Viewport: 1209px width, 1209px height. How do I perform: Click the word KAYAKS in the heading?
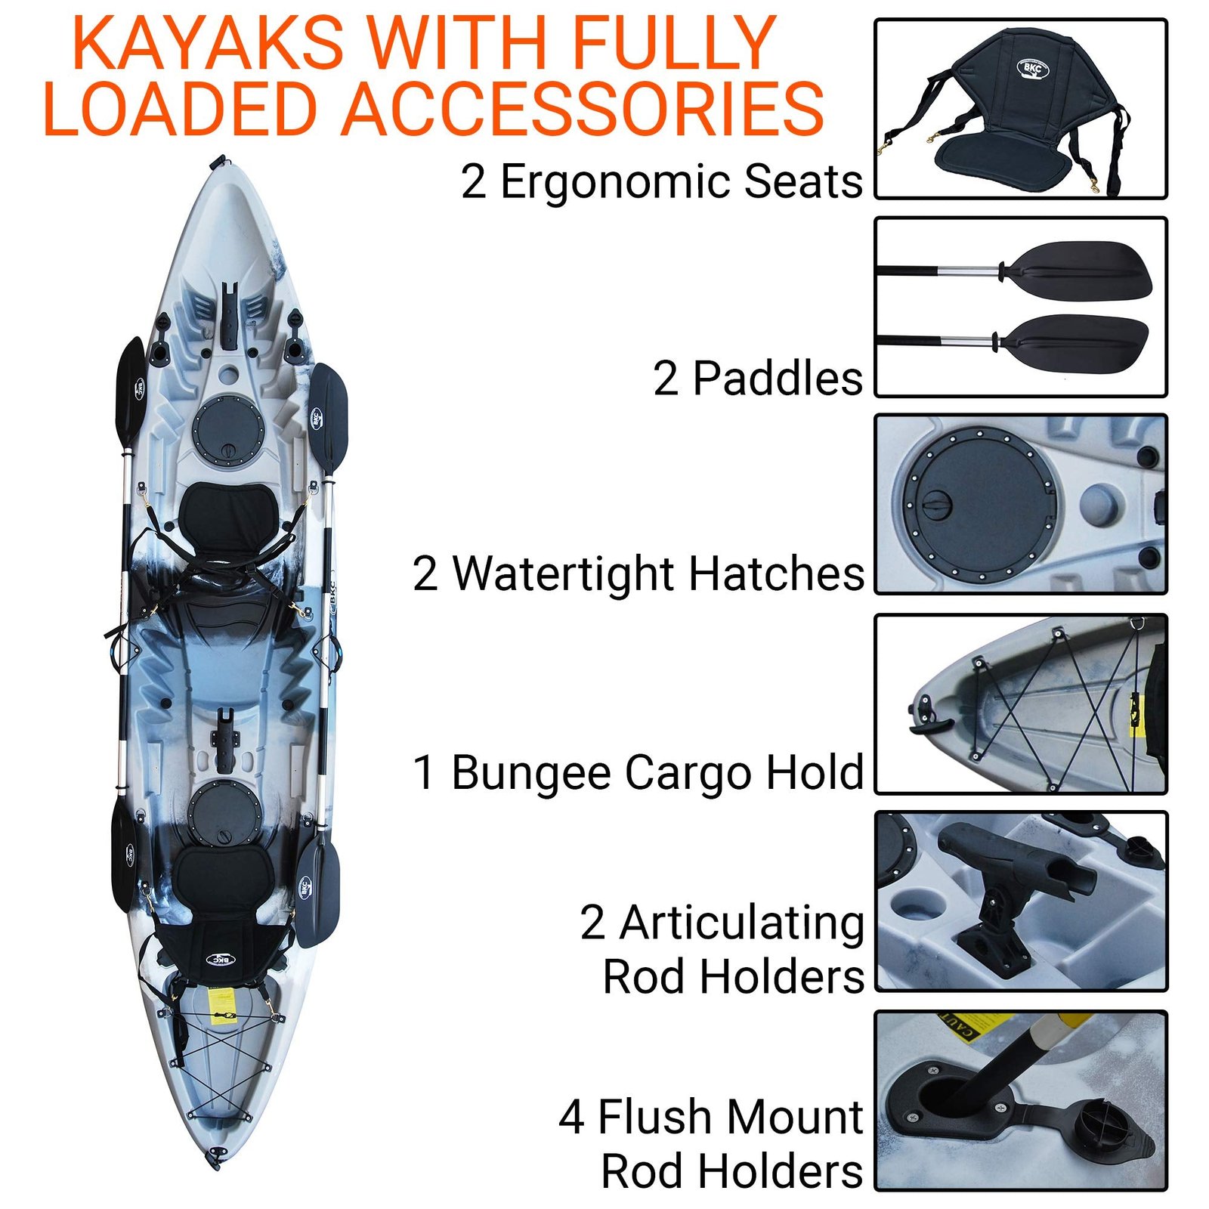tap(208, 43)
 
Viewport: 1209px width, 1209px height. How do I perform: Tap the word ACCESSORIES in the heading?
tap(583, 110)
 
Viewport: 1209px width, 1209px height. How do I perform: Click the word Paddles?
tap(778, 379)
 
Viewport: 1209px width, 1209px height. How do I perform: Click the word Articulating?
tap(741, 923)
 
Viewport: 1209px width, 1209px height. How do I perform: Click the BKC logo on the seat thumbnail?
tap(1032, 69)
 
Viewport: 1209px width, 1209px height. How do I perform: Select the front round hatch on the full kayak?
tap(226, 427)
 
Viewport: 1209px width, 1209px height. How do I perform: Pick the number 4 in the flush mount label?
tap(572, 1118)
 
